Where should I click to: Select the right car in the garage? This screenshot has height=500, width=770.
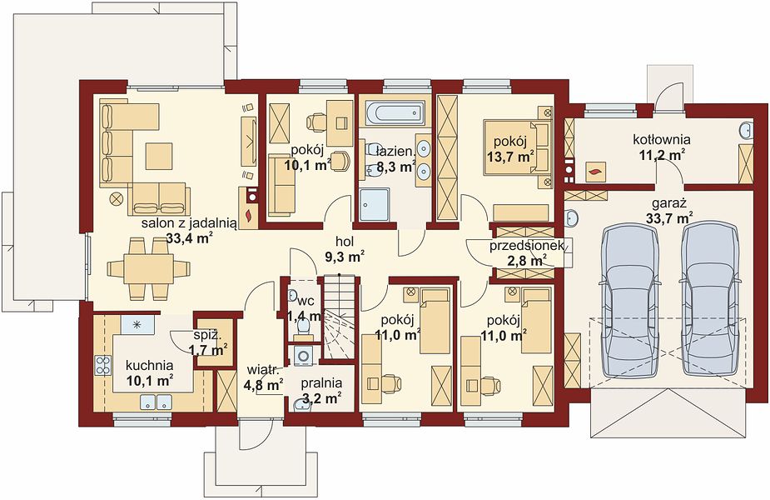710,301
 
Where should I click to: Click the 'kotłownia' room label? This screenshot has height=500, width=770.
662,140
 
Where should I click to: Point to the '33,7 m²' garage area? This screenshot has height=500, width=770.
668,217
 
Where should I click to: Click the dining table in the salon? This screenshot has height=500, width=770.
148,268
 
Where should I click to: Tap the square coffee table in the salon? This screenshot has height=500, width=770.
159,156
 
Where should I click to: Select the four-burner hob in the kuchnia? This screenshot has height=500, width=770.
102,365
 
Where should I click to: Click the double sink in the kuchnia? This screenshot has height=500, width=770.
156,402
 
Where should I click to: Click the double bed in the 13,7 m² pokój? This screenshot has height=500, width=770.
517,147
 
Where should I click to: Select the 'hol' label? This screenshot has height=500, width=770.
345,241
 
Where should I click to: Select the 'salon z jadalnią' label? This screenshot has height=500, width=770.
190,224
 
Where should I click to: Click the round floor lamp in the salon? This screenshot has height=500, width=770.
117,198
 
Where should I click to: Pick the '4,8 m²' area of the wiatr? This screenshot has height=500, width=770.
263,384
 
